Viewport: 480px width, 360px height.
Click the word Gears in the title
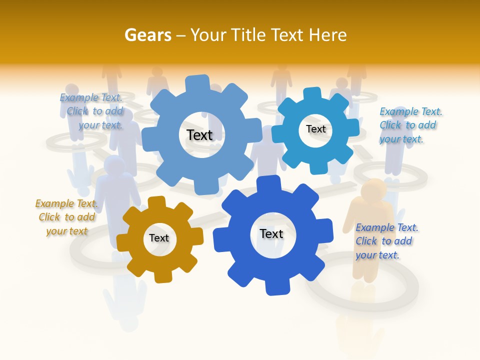pos(147,35)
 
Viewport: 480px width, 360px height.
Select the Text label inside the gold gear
pos(159,238)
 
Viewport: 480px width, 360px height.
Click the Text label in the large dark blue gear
pos(271,234)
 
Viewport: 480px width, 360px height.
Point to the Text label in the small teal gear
pos(316,129)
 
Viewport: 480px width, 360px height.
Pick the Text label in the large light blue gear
pos(200,135)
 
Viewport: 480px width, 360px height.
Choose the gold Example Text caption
pos(66,217)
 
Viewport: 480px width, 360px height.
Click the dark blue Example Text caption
pos(386,241)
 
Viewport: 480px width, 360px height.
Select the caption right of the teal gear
pos(410,125)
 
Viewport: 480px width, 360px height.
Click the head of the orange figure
pos(374,189)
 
